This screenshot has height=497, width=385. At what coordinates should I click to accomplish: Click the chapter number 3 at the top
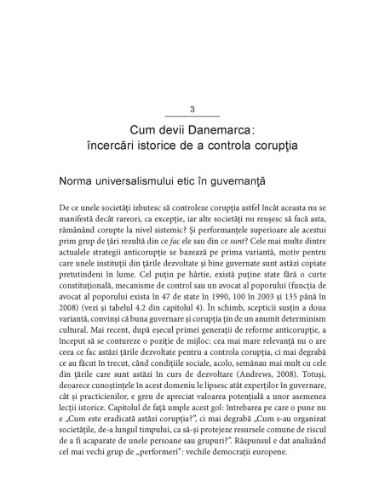point(192,109)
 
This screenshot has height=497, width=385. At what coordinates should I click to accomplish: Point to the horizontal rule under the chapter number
point(192,116)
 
